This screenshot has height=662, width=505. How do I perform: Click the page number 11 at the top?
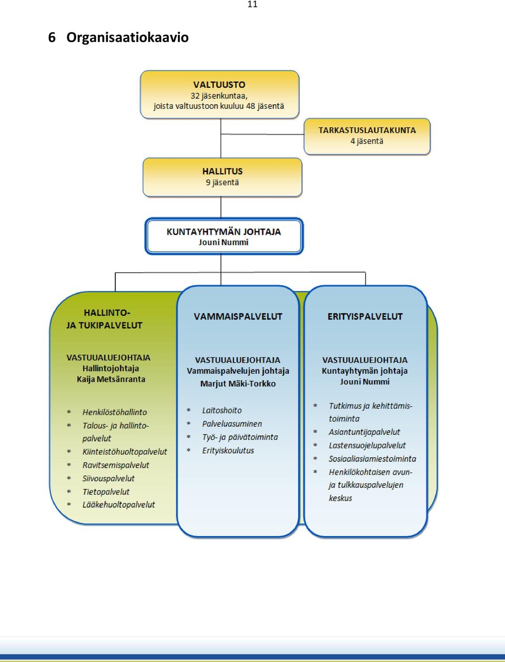(x=252, y=4)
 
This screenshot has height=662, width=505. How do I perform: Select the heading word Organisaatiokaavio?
(x=127, y=37)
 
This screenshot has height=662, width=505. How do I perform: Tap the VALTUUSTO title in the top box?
(x=219, y=85)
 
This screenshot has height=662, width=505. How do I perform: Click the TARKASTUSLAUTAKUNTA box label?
(x=367, y=131)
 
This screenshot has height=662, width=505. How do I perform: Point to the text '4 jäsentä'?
(x=367, y=141)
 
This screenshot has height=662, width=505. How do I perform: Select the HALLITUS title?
(x=223, y=172)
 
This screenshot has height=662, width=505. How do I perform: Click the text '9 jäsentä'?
(x=223, y=183)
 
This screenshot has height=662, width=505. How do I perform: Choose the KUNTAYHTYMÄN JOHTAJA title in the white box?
(x=224, y=232)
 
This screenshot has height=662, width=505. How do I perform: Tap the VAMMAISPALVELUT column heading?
(x=238, y=317)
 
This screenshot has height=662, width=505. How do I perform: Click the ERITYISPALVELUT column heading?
(x=365, y=317)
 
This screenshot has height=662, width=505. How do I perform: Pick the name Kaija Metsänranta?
(x=111, y=379)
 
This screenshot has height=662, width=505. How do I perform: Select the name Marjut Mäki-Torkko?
(x=238, y=384)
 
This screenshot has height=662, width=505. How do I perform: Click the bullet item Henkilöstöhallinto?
(x=115, y=412)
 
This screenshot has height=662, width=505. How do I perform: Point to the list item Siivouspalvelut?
(x=108, y=478)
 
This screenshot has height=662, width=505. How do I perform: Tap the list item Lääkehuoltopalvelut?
(x=119, y=505)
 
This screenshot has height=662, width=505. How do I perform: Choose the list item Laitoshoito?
(x=222, y=410)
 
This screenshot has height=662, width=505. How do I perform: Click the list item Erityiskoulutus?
(x=228, y=450)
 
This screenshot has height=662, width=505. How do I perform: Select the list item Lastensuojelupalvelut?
(x=367, y=445)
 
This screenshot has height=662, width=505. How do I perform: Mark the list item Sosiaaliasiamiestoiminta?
(x=372, y=459)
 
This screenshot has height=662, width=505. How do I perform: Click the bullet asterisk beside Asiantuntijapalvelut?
(x=315, y=432)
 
